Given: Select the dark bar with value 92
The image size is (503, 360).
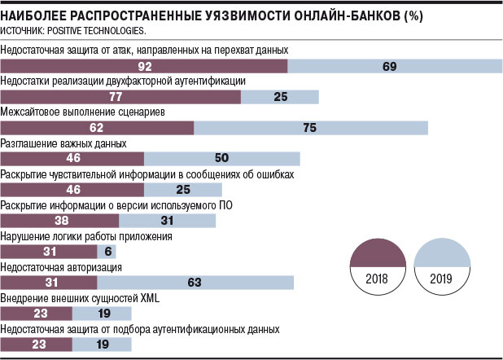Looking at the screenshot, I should pyautogui.click(x=145, y=66).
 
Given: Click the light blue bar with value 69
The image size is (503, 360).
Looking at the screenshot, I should pyautogui.click(x=389, y=66).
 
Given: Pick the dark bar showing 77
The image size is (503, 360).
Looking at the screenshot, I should pyautogui.click(x=121, y=97).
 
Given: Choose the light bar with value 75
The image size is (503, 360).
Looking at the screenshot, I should pyautogui.click(x=310, y=128).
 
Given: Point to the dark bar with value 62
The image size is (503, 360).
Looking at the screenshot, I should pyautogui.click(x=98, y=128).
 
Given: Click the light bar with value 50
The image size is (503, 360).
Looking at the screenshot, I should pyautogui.click(x=221, y=159).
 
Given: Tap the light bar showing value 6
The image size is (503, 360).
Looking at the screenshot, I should pyautogui.click(x=107, y=252).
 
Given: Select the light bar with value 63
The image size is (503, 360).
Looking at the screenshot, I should pyautogui.click(x=195, y=283).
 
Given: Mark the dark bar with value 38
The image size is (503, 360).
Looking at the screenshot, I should pyautogui.click(x=61, y=221).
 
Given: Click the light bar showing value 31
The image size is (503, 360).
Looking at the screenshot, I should pyautogui.click(x=168, y=221).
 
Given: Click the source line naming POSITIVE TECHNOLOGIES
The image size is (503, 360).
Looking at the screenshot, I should pyautogui.click(x=74, y=31).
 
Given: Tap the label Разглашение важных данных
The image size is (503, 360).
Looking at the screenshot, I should pyautogui.click(x=64, y=143).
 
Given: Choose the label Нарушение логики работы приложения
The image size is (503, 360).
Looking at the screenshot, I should pyautogui.click(x=86, y=236).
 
